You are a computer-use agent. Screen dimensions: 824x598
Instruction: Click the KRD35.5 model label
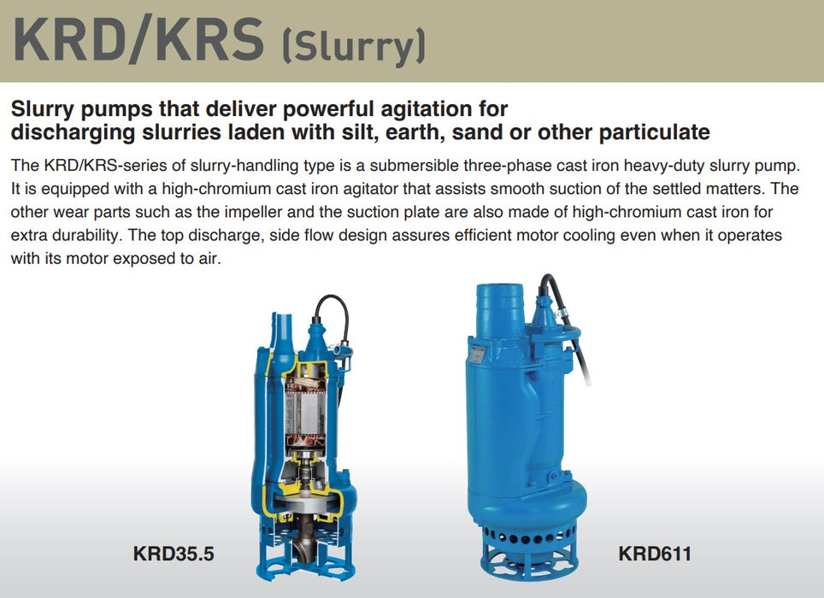[x=174, y=554]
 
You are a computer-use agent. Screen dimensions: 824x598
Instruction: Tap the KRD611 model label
[x=655, y=554]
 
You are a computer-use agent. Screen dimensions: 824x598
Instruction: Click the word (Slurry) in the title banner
[x=354, y=47]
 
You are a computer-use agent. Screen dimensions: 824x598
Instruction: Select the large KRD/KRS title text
[x=138, y=40]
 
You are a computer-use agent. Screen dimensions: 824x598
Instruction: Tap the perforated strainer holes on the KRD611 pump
[x=523, y=539]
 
